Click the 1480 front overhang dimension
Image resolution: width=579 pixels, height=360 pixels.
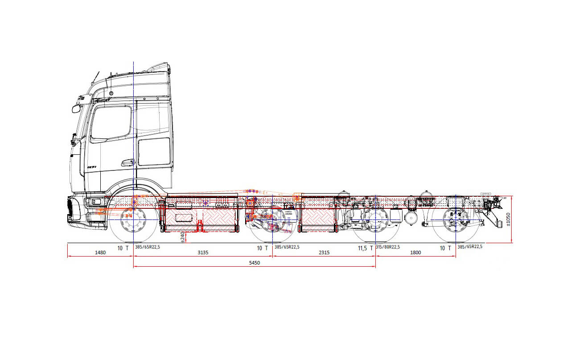click(x=100, y=252)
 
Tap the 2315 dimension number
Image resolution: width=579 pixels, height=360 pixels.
click(x=324, y=252)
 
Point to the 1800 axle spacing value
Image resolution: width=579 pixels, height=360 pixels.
click(x=415, y=252)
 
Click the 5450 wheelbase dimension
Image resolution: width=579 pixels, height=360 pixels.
click(x=254, y=263)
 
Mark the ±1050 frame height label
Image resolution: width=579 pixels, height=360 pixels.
click(x=509, y=219)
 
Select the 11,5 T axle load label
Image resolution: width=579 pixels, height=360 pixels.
click(x=365, y=248)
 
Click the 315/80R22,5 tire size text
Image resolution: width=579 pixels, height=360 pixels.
click(x=388, y=247)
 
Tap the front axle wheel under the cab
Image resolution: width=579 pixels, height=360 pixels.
click(x=133, y=221)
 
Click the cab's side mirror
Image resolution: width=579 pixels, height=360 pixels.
click(x=76, y=108)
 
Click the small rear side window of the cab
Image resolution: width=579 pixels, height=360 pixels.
click(x=154, y=152)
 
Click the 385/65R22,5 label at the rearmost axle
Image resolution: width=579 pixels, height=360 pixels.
click(x=470, y=247)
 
